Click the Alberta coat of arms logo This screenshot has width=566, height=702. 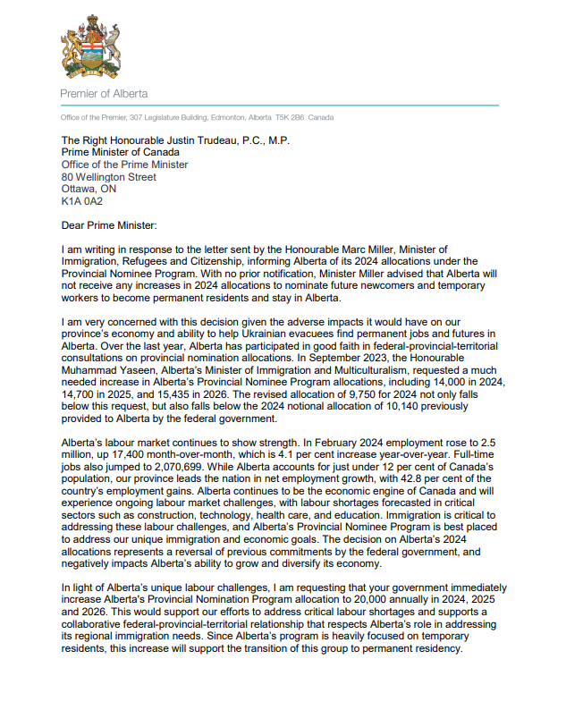[x=89, y=49]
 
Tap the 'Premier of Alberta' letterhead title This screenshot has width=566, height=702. [x=104, y=94]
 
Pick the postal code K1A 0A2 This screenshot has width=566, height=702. [x=82, y=201]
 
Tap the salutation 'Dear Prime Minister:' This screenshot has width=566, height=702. [x=112, y=225]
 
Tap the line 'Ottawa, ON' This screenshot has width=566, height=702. [x=89, y=189]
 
